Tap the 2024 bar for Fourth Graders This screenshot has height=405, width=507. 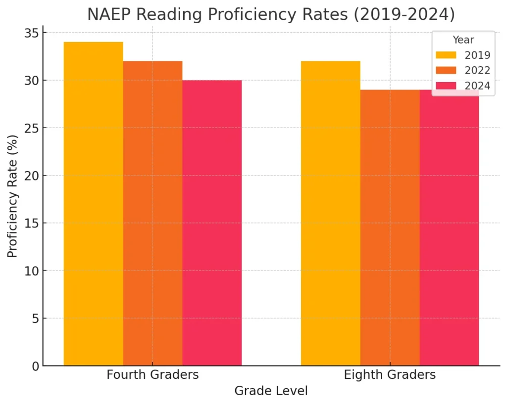click(212, 223)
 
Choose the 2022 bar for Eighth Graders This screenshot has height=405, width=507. click(390, 227)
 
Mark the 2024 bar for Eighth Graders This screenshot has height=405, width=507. click(449, 227)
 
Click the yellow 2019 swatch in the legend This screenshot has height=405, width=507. click(446, 55)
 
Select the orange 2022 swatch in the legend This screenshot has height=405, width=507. click(446, 70)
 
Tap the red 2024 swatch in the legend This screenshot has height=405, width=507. click(446, 86)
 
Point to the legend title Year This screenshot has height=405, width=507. click(463, 40)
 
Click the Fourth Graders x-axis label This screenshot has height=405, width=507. click(152, 375)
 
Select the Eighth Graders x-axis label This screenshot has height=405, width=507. click(390, 375)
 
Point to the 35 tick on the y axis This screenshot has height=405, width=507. click(31, 33)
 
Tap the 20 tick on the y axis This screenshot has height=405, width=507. click(31, 176)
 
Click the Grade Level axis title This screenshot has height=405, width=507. click(271, 391)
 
